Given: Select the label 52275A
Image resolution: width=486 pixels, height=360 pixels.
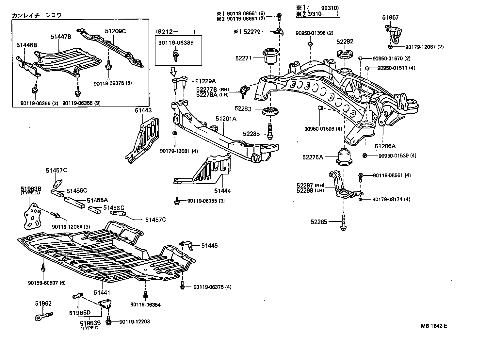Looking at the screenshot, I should point(312,157).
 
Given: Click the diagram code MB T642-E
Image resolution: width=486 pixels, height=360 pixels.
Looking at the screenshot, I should point(433,326).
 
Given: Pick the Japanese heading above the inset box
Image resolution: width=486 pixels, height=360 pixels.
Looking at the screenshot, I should point(37,15).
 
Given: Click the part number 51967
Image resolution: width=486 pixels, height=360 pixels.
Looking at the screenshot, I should point(391,18).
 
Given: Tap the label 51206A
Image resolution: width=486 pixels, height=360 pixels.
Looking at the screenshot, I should point(385,146).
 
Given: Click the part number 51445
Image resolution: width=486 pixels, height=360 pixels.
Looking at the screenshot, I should point(209,246).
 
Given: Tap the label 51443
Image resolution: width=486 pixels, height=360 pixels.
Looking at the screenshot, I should point(143,111).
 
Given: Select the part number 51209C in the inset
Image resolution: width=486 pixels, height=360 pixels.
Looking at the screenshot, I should point(115,31).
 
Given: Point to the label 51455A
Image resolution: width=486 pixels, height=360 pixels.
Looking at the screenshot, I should point(97,200).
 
